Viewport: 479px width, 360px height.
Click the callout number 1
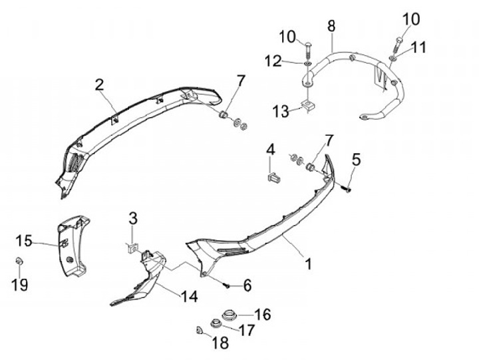coord(308,264)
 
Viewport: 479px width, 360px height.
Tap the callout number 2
coord(99,85)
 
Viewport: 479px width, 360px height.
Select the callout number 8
coord(331,27)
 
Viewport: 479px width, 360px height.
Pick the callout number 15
coord(24,240)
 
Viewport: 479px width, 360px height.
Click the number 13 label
coord(280,111)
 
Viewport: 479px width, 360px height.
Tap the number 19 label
coord(21,285)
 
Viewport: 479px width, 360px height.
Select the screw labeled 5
coord(347,188)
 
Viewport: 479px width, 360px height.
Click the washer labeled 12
coord(307,63)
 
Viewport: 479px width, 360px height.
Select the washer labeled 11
coord(393,58)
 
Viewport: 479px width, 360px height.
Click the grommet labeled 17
coord(216,324)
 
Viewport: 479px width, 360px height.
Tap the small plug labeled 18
coord(200,330)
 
